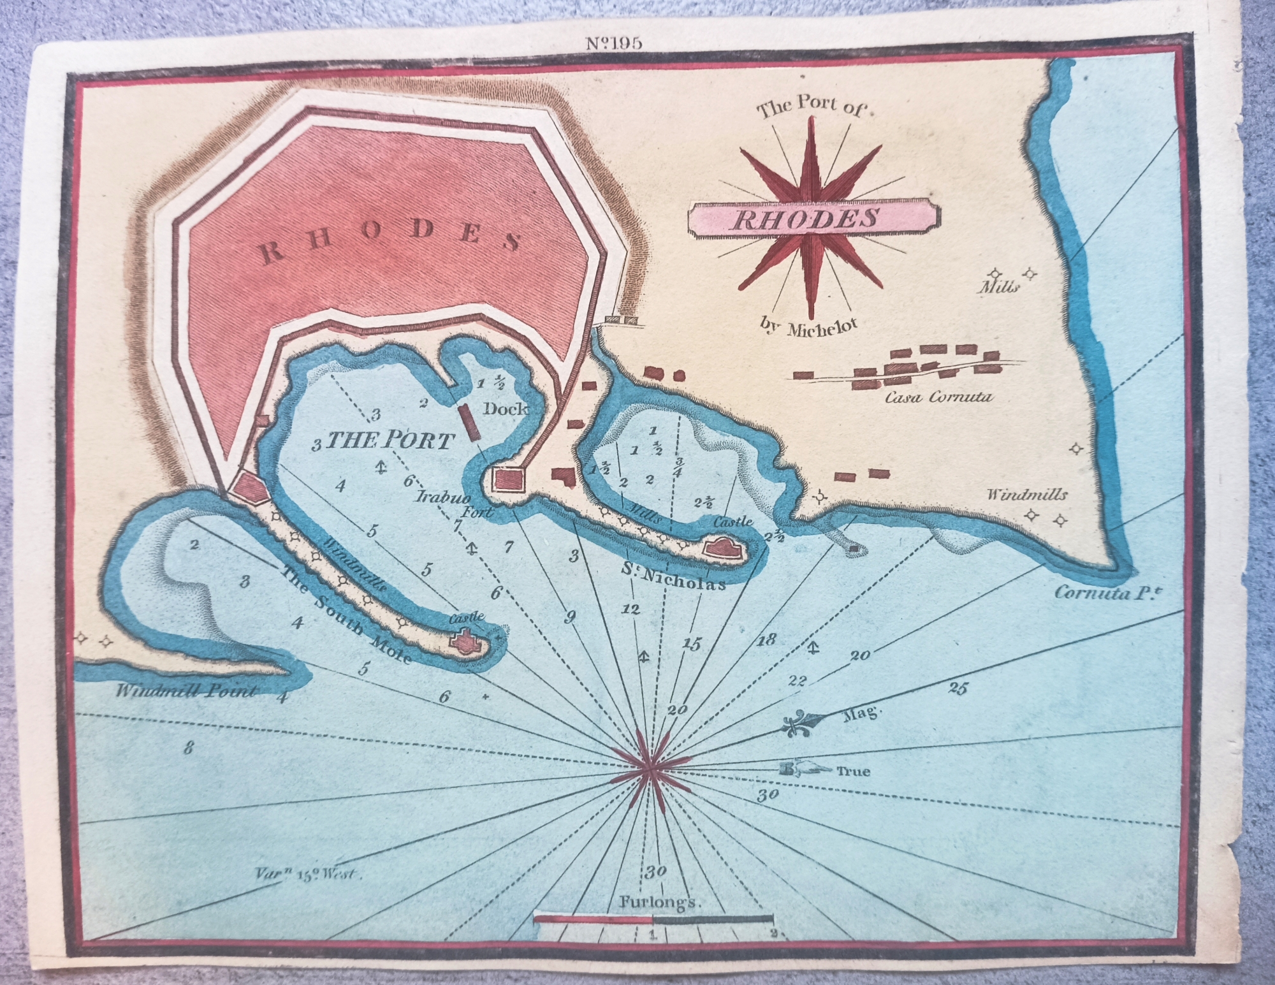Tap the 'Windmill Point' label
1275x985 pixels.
[187, 691]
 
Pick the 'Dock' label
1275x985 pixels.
[505, 409]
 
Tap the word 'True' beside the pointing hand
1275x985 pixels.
[853, 771]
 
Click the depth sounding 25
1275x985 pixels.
[958, 688]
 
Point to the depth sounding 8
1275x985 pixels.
[188, 748]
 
